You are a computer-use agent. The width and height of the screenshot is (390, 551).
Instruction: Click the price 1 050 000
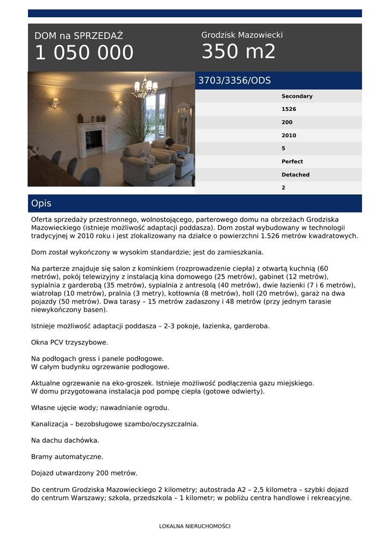click(84, 53)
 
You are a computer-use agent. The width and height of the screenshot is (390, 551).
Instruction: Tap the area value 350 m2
click(238, 52)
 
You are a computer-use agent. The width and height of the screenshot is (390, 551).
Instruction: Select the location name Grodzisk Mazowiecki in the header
click(242, 35)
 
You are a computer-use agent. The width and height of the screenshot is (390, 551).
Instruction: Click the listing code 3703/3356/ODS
click(235, 81)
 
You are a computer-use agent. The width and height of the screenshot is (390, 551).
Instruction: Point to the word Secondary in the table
click(296, 96)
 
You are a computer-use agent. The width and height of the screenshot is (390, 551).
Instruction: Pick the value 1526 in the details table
click(289, 109)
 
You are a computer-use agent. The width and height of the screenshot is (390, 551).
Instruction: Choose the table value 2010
click(289, 136)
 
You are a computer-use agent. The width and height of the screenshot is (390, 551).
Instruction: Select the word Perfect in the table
click(292, 161)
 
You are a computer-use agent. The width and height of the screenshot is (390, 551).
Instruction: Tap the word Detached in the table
click(295, 175)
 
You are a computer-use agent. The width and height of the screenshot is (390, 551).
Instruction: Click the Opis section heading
click(41, 203)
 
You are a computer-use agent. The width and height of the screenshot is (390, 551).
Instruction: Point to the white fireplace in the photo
click(92, 138)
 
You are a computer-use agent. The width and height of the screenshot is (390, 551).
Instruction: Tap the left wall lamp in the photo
click(55, 102)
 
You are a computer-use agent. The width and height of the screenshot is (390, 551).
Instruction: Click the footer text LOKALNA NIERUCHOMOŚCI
click(195, 526)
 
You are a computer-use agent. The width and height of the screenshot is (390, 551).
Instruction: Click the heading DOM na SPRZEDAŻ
click(79, 36)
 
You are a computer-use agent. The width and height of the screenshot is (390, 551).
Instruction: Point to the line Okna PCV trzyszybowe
click(69, 342)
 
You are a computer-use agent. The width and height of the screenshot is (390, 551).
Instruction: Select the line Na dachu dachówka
click(65, 440)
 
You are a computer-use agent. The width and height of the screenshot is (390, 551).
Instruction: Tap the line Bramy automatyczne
click(67, 457)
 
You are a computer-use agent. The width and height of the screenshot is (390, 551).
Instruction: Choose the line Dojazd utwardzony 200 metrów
click(84, 473)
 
